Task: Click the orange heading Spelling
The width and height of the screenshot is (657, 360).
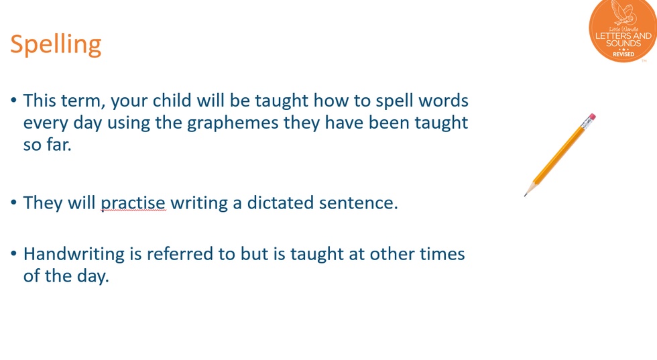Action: [56, 45]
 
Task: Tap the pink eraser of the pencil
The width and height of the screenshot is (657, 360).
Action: [591, 117]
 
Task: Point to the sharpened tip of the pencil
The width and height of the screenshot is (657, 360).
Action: [525, 195]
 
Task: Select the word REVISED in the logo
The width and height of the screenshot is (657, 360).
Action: [623, 54]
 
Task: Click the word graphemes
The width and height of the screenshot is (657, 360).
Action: [233, 123]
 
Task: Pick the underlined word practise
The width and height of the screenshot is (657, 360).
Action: [133, 204]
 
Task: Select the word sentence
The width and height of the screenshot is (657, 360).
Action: [358, 204]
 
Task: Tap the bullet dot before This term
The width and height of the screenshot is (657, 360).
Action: [14, 101]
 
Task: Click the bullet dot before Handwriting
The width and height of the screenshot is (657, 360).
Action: [14, 254]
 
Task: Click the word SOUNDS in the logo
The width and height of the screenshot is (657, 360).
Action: [623, 44]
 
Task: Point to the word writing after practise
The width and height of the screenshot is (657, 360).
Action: [199, 204]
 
